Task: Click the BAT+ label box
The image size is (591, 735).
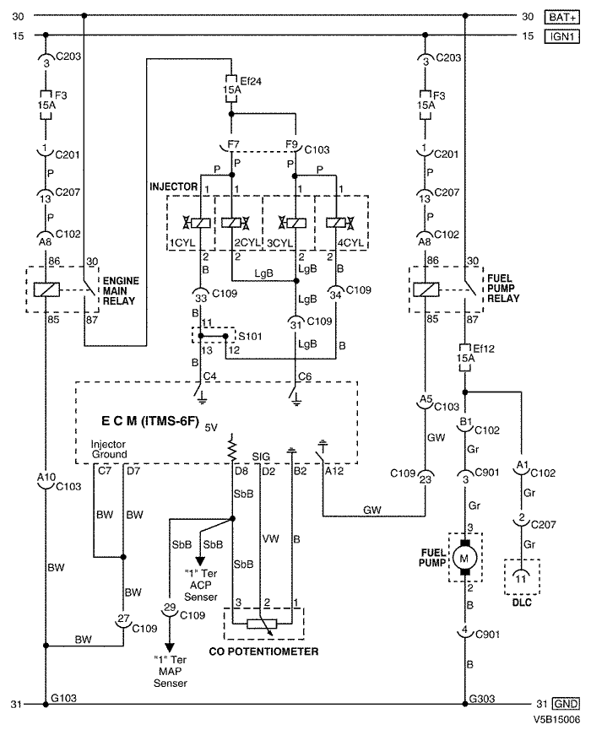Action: pyautogui.click(x=562, y=18)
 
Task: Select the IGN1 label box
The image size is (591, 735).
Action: pyautogui.click(x=562, y=36)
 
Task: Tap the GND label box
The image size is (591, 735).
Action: pyautogui.click(x=566, y=704)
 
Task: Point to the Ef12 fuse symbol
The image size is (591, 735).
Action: pyautogui.click(x=465, y=359)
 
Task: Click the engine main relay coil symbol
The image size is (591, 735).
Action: pyautogui.click(x=46, y=289)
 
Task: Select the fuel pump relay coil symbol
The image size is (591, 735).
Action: pyautogui.click(x=426, y=289)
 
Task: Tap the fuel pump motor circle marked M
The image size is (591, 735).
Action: pyautogui.click(x=464, y=558)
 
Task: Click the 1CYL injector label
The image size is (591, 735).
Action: pyautogui.click(x=182, y=243)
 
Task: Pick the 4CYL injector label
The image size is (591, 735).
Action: pyautogui.click(x=350, y=243)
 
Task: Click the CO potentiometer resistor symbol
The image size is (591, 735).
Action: pyautogui.click(x=262, y=624)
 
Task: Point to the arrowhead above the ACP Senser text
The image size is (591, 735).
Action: pyautogui.click(x=200, y=561)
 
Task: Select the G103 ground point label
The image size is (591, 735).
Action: pyautogui.click(x=63, y=698)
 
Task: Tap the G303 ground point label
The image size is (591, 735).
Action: pyautogui.click(x=482, y=699)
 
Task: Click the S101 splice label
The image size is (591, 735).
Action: pyautogui.click(x=250, y=336)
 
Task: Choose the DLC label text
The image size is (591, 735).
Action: pyautogui.click(x=522, y=603)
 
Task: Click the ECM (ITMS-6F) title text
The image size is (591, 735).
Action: pyautogui.click(x=150, y=421)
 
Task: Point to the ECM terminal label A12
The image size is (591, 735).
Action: pyautogui.click(x=334, y=471)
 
